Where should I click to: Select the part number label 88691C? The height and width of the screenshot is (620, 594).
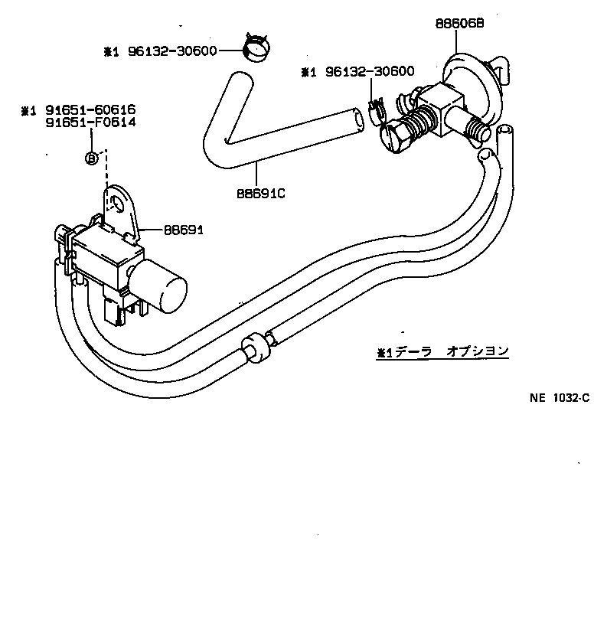(x=259, y=193)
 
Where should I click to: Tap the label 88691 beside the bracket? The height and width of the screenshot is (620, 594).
(x=183, y=229)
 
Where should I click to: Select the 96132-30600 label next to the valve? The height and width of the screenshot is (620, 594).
(x=368, y=72)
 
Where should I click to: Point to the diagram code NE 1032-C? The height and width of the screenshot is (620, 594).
(x=559, y=397)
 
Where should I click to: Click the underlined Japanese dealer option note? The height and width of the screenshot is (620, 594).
(x=442, y=352)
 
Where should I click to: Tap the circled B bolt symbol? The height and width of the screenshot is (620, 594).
(x=91, y=158)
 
